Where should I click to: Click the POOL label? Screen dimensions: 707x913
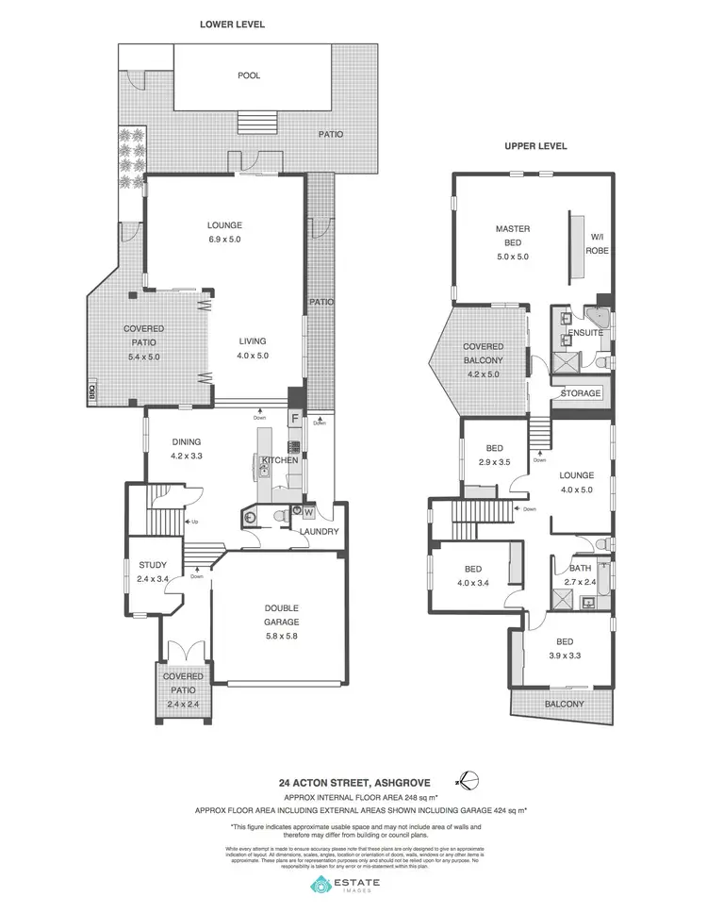249,75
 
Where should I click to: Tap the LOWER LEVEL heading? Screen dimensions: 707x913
231,25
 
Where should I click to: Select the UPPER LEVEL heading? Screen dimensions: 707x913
535,147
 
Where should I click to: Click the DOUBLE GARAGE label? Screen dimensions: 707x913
281,615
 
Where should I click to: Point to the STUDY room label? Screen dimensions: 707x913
152,566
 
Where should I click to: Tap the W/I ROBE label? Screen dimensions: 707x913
597,244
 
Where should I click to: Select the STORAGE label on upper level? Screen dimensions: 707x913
581,393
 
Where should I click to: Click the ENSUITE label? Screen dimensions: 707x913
585,333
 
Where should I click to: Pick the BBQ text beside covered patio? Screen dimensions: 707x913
92,390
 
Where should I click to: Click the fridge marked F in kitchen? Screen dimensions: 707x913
294,417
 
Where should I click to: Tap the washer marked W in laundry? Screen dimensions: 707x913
308,512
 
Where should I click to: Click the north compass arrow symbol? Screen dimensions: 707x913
468,781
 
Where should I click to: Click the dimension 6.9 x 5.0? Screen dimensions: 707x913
225,241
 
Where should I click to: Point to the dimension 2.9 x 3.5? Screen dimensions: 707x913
494,463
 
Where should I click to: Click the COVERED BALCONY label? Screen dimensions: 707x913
483,353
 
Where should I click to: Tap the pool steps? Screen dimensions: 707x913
256,124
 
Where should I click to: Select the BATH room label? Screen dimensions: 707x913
581,569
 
